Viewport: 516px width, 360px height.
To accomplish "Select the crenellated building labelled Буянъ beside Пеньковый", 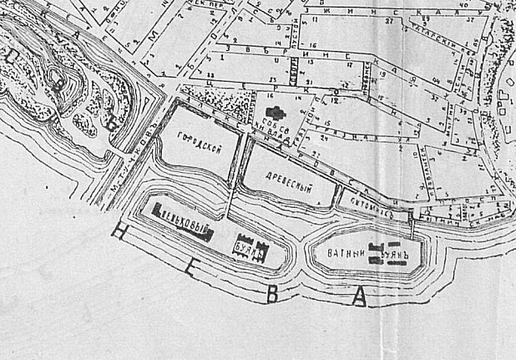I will tap(248, 248).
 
